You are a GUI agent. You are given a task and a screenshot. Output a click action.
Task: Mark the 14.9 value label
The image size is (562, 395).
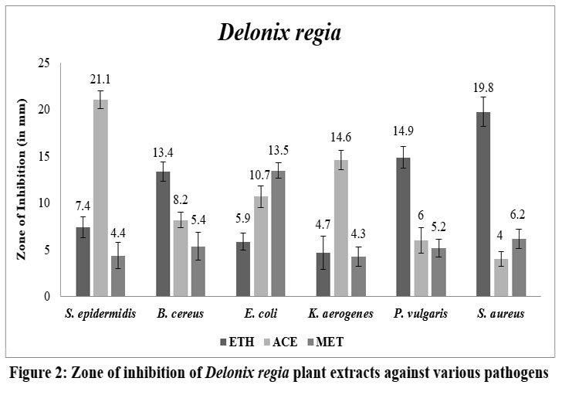(x=403, y=131)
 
